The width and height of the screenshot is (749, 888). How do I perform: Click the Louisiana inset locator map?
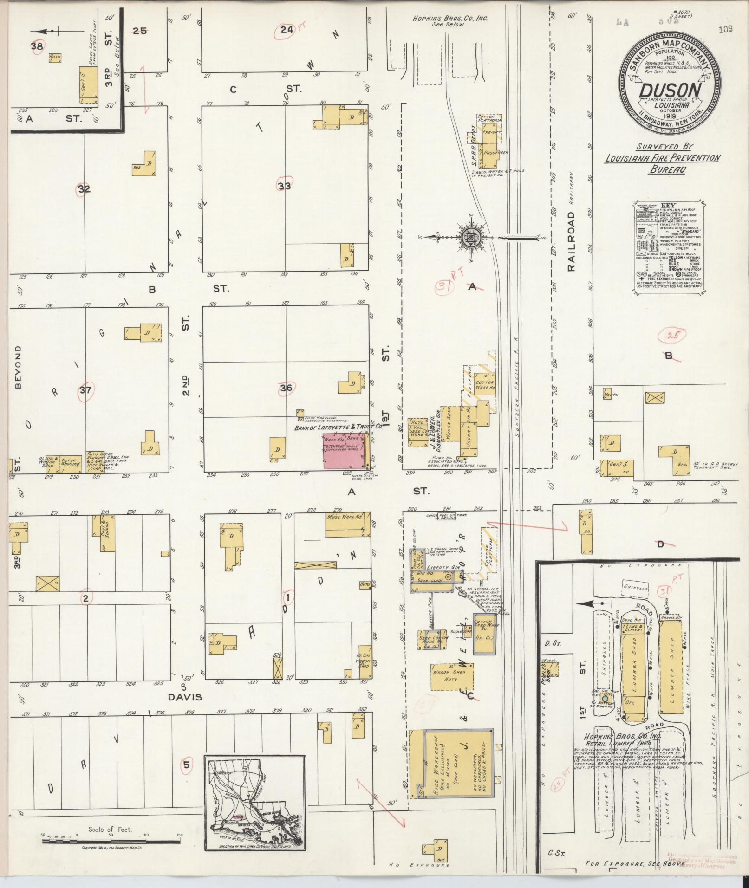point(254,804)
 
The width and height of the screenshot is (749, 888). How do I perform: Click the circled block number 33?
point(285,186)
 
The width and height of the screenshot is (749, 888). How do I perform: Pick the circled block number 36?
point(286,388)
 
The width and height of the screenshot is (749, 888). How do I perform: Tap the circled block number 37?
point(85,390)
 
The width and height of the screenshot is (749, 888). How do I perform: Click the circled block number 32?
point(84,189)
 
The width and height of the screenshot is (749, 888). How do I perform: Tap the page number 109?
point(725,30)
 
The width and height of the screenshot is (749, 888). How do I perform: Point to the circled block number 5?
point(187,765)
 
